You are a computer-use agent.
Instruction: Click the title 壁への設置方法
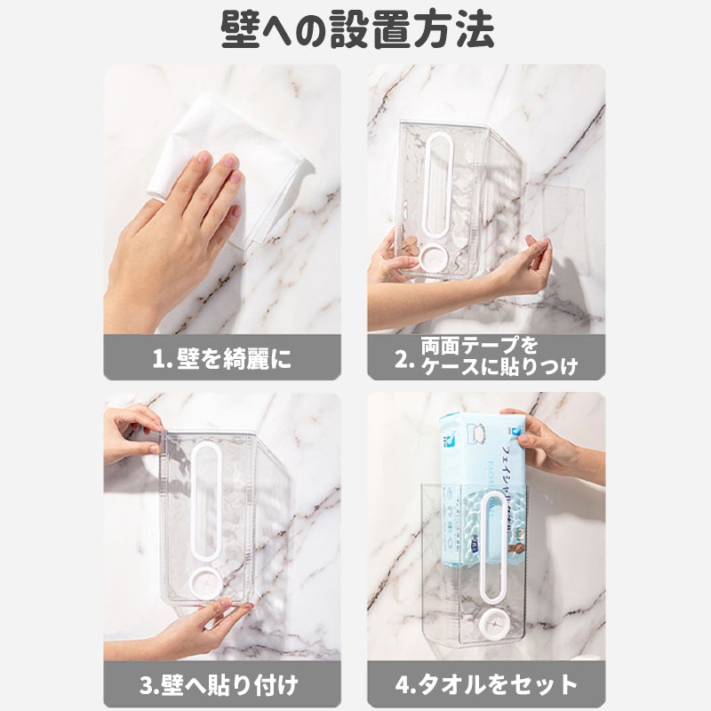pos(355,28)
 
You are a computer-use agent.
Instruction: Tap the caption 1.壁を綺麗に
pos(221,359)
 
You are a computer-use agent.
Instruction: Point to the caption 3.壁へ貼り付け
pos(221,685)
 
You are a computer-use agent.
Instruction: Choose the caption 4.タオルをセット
pos(486,685)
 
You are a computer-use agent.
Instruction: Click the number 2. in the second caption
pos(405,359)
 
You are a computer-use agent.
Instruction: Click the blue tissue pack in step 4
pos(480,489)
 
